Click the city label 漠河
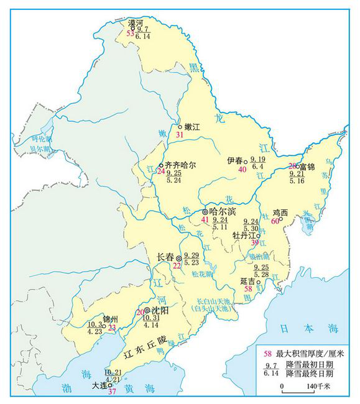[x=136, y=23]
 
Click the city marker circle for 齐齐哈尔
[x=161, y=165]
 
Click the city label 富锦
[x=307, y=167]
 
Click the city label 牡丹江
[x=244, y=236]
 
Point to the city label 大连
[x=99, y=385]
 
